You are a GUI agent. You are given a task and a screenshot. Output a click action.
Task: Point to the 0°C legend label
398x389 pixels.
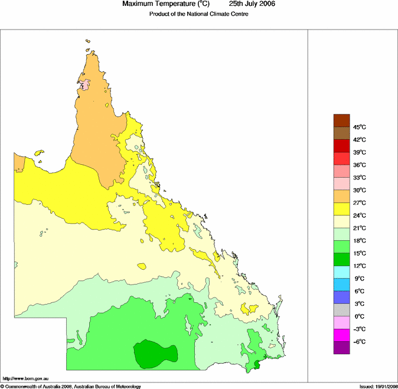359,316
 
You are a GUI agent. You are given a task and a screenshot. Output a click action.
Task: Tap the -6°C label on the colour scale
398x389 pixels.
359,342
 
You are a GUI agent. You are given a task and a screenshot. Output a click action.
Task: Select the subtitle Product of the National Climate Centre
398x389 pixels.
199,14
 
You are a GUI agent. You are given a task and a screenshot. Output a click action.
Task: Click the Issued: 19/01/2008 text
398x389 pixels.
378,386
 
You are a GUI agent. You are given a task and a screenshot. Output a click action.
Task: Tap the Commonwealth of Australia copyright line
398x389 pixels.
71,386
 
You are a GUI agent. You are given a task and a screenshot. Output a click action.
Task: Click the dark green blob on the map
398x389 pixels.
155,352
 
